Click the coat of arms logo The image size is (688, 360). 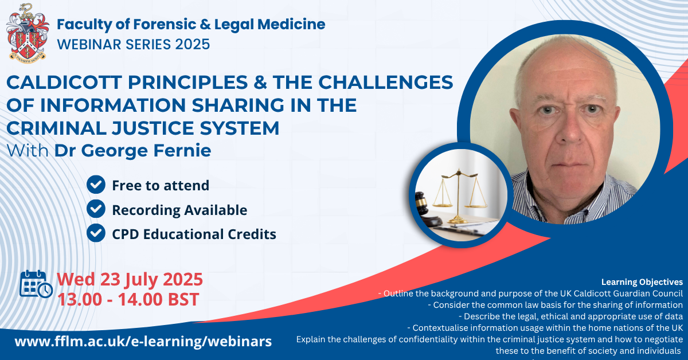click(x=28, y=33)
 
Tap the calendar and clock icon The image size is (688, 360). click(x=36, y=284)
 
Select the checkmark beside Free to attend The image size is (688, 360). click(x=96, y=185)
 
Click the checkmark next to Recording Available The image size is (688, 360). click(x=96, y=209)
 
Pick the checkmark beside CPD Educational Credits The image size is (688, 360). click(x=96, y=233)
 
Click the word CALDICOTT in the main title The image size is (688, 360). click(x=64, y=83)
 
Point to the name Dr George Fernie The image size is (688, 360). click(x=132, y=151)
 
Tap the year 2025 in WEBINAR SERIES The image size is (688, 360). click(x=193, y=44)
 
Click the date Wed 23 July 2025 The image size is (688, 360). click(x=130, y=280)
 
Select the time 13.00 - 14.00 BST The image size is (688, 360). click(x=128, y=299)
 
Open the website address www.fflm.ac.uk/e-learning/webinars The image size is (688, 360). click(x=143, y=341)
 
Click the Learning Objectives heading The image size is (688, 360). click(x=642, y=282)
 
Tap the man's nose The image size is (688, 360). click(x=570, y=129)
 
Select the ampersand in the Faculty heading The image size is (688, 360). click(x=205, y=25)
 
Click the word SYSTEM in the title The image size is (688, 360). click(x=239, y=128)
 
